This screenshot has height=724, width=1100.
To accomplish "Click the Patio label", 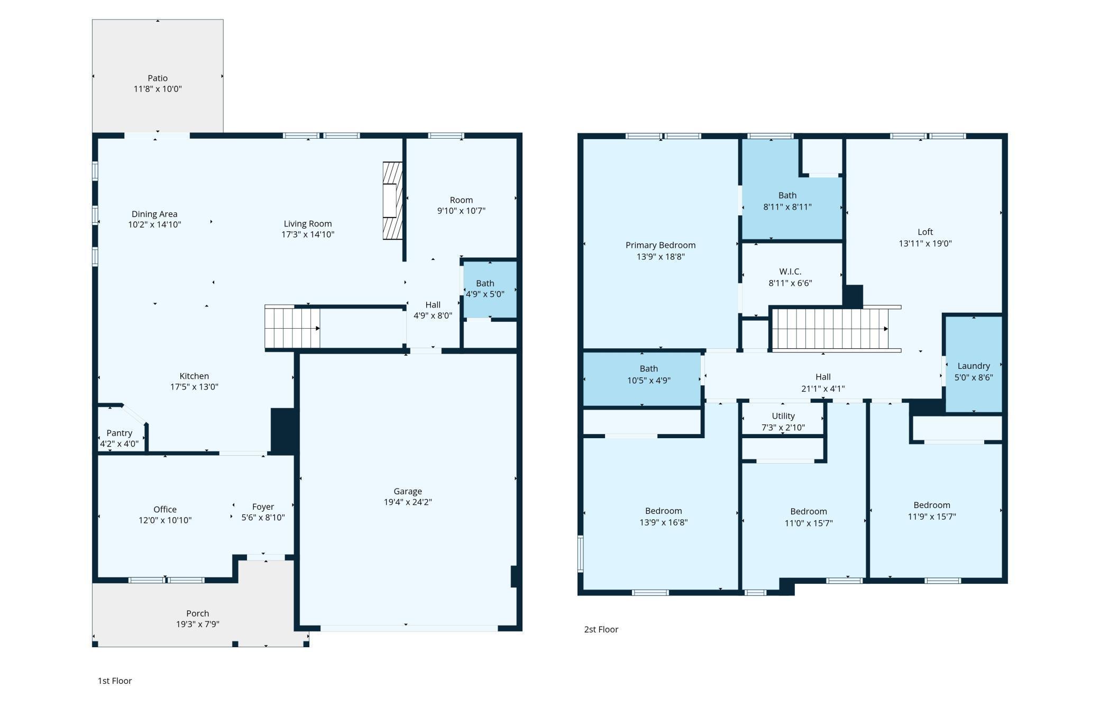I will pyautogui.click(x=158, y=78).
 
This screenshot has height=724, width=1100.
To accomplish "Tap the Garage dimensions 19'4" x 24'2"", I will pyautogui.click(x=408, y=502).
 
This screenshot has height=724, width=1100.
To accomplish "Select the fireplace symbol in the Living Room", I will pyautogui.click(x=392, y=201).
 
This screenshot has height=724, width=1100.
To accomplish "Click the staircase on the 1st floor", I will pyautogui.click(x=292, y=328).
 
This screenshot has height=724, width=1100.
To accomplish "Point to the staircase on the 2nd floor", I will pyautogui.click(x=829, y=329).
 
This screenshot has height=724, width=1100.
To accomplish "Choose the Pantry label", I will pyautogui.click(x=119, y=433).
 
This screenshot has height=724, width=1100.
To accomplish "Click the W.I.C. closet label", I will pyautogui.click(x=790, y=271).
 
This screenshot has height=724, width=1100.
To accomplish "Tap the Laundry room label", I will pyautogui.click(x=973, y=366).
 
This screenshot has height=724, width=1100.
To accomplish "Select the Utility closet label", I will pyautogui.click(x=783, y=416).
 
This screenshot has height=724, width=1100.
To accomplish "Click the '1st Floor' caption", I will pyautogui.click(x=115, y=681).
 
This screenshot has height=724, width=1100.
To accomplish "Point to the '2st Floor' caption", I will pyautogui.click(x=601, y=629).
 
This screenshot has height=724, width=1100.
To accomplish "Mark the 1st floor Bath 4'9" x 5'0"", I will pyautogui.click(x=485, y=289).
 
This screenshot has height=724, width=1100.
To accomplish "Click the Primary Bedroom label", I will pyautogui.click(x=660, y=245).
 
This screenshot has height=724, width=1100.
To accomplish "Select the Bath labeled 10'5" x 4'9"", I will pyautogui.click(x=648, y=374).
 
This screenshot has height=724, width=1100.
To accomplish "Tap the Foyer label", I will pyautogui.click(x=263, y=506).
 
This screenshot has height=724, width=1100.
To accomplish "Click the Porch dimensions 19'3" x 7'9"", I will pyautogui.click(x=197, y=625).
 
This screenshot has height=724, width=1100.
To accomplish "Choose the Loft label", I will pyautogui.click(x=925, y=232).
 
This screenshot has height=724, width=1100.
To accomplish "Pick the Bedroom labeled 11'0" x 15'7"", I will pyautogui.click(x=808, y=517).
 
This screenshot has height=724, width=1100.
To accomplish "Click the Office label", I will pyautogui.click(x=165, y=509).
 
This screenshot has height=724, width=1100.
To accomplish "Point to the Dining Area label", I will pyautogui.click(x=154, y=214).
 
